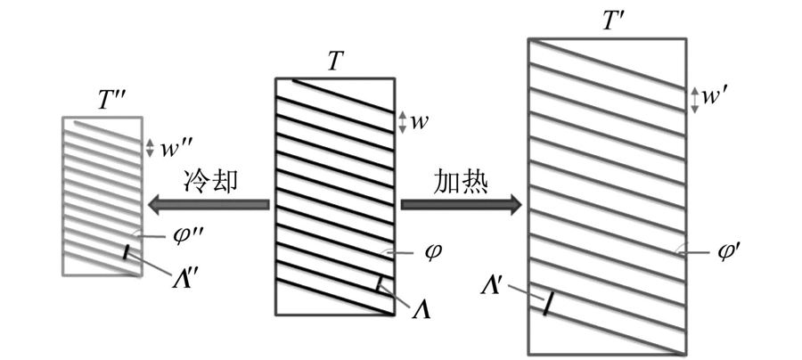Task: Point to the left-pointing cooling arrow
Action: pyautogui.click(x=209, y=205)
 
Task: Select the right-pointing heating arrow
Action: pyautogui.click(x=462, y=205)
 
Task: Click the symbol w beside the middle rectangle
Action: pyautogui.click(x=420, y=123)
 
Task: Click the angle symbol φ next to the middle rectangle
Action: pyautogui.click(x=430, y=252)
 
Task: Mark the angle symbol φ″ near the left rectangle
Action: pyautogui.click(x=180, y=237)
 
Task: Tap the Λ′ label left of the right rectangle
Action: pyautogui.click(x=492, y=286)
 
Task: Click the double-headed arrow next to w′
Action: pyautogui.click(x=694, y=100)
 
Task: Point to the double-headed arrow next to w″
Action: pyautogui.click(x=150, y=148)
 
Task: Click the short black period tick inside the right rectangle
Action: pyautogui.click(x=547, y=303)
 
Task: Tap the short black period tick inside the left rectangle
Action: pyautogui.click(x=126, y=252)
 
